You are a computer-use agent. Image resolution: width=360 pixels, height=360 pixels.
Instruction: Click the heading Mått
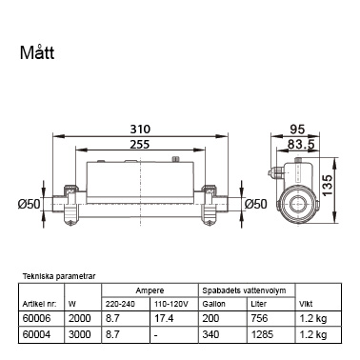pyautogui.click(x=37, y=52)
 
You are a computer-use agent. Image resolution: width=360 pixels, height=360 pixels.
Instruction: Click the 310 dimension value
pyautogui.click(x=140, y=130)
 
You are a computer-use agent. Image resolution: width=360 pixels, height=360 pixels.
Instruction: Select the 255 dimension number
pyautogui.click(x=140, y=145)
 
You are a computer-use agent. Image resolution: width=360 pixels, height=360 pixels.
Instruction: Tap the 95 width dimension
pyautogui.click(x=297, y=130)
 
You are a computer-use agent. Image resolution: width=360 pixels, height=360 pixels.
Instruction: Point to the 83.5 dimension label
pyautogui.click(x=301, y=145)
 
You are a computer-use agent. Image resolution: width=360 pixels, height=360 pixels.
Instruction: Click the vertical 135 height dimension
pyautogui.click(x=327, y=185)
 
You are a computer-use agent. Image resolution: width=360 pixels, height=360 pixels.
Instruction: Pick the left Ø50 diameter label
pyautogui.click(x=30, y=204)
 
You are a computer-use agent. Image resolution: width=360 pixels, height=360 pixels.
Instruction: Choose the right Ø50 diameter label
pyautogui.click(x=256, y=204)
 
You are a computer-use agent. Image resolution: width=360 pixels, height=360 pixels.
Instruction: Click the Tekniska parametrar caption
pyautogui.click(x=59, y=276)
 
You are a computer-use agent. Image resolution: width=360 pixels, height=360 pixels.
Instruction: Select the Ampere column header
pyautogui.click(x=150, y=290)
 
